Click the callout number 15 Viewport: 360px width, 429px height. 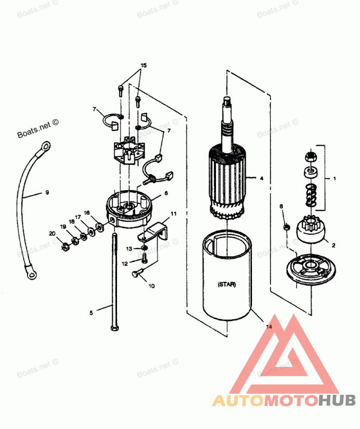pos(143,65)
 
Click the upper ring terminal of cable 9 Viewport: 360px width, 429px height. pos(45,146)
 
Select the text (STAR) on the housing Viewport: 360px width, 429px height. pos(226,285)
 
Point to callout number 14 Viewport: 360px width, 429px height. pos(269,327)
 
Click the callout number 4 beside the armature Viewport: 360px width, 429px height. pos(261,178)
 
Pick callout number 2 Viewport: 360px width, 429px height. pos(333,245)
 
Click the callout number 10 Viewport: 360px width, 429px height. pos(151,286)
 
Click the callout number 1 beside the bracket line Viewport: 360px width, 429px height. pos(334,178)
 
